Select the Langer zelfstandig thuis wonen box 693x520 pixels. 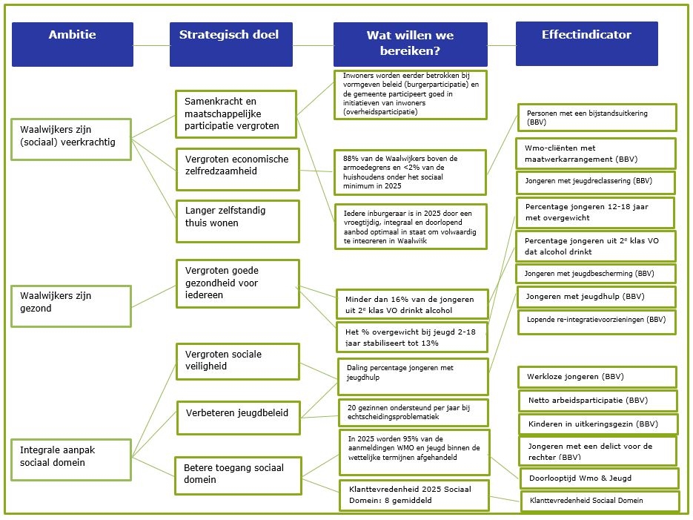click(x=237, y=220)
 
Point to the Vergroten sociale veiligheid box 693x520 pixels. click(x=237, y=361)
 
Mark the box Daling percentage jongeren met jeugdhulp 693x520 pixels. click(x=413, y=377)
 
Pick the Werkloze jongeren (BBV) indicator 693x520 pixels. click(x=597, y=377)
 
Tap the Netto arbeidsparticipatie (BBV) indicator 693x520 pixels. click(x=597, y=401)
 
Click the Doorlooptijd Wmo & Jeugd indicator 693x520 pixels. click(x=598, y=478)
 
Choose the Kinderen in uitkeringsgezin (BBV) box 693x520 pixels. click(x=597, y=424)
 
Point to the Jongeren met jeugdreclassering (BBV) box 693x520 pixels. click(x=595, y=182)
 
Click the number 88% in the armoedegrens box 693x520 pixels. click(x=350, y=158)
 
